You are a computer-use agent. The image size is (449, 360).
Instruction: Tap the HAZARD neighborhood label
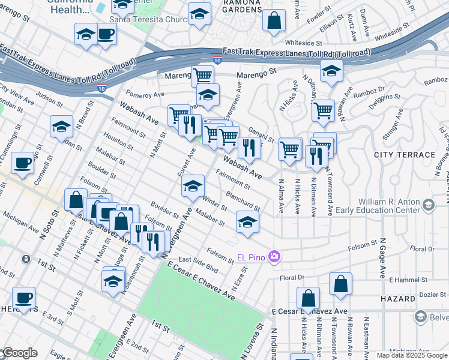pyautogui.click(x=397, y=298)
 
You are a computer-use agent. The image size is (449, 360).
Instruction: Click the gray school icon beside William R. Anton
pyautogui.click(x=428, y=206)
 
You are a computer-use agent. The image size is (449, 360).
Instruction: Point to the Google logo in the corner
pyautogui.click(x=19, y=353)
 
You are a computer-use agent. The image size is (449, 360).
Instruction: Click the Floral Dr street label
pyautogui.click(x=292, y=278)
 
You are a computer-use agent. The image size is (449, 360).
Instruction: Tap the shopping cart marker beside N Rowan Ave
pyautogui.click(x=323, y=110)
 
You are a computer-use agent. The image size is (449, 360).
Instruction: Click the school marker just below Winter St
pyautogui.click(x=247, y=222)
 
